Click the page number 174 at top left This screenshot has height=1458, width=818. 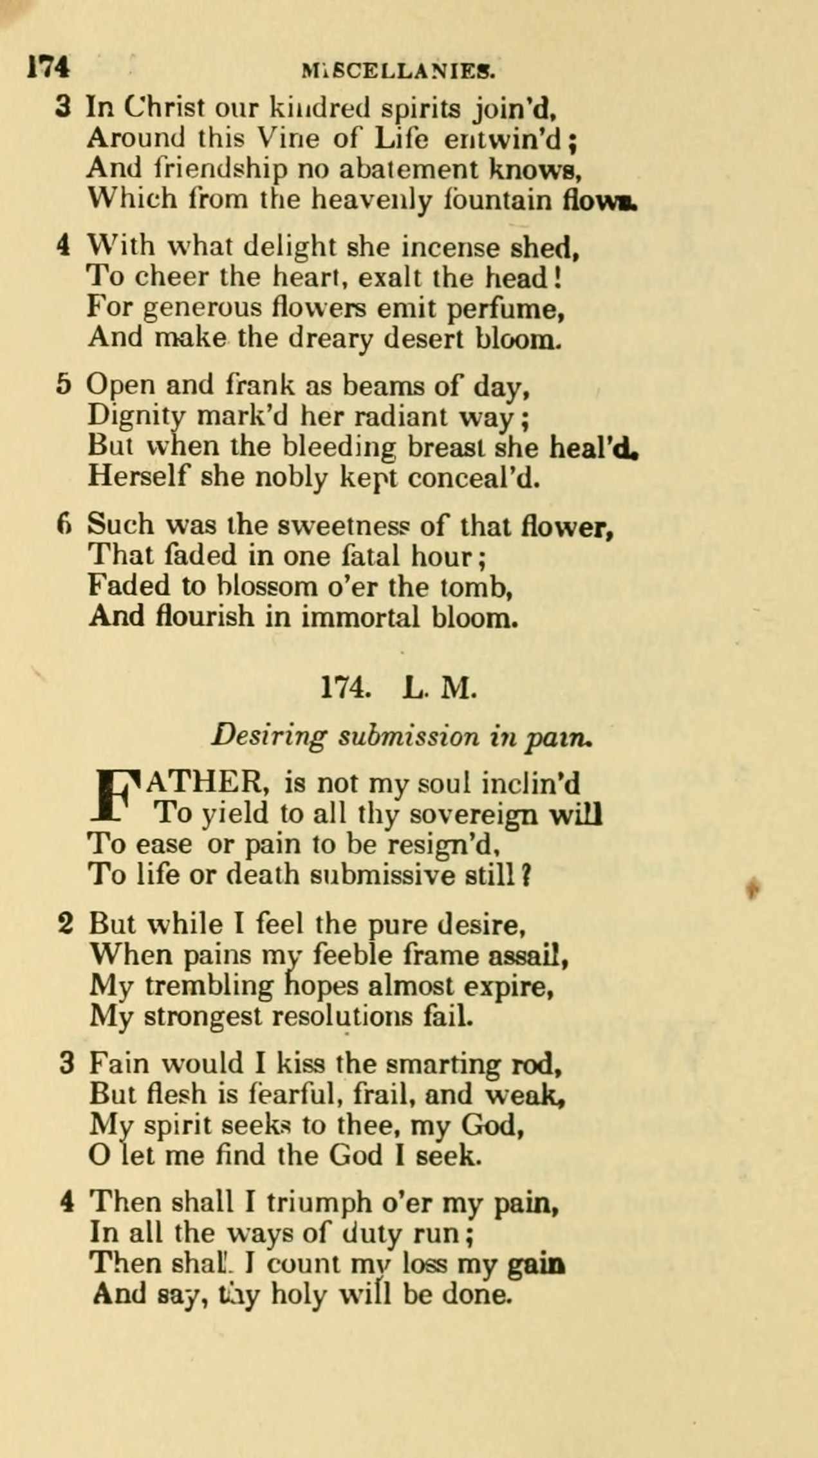(48, 67)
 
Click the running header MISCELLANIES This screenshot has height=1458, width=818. (398, 70)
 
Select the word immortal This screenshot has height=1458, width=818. (360, 617)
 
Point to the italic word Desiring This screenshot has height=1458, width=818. (269, 736)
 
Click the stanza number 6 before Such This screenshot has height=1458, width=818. (63, 525)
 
